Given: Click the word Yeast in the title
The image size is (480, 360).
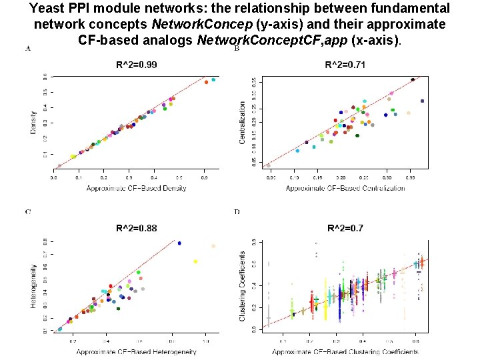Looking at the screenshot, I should [47, 9].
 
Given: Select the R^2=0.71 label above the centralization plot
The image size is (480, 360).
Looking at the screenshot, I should [345, 64].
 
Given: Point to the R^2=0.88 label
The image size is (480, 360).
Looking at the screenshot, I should [136, 228].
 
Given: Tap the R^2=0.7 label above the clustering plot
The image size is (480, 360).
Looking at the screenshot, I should [345, 228].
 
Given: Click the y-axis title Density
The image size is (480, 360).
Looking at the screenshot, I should [33, 123].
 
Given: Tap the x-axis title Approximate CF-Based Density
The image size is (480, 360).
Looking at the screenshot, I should [136, 188].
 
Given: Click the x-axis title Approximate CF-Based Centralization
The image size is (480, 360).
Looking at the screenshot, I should [345, 188].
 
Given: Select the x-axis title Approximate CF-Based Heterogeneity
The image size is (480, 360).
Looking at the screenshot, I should [136, 351].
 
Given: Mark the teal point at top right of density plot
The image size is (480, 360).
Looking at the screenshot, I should [213, 80].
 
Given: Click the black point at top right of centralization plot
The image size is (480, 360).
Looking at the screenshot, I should [413, 80].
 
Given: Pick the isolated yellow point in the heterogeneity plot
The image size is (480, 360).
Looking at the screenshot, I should [195, 261].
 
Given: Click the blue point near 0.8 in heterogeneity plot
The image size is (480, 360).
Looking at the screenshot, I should [179, 243].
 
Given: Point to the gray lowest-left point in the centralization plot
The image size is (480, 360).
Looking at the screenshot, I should [269, 165].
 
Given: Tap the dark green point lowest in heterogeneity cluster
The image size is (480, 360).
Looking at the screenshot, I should [118, 308].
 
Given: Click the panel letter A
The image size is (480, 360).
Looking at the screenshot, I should [27, 49].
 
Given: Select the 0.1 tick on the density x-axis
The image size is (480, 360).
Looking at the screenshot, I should [79, 178].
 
